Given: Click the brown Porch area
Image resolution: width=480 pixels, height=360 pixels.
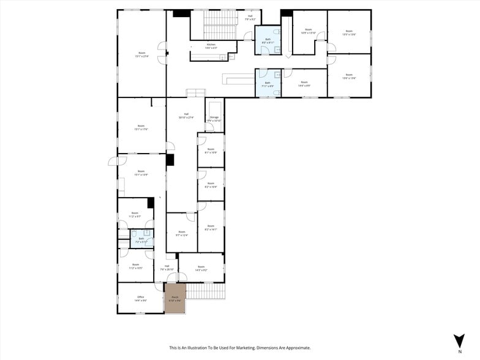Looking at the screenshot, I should coord(174,298).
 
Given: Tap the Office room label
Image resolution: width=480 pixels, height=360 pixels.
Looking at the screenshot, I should coord(140,298).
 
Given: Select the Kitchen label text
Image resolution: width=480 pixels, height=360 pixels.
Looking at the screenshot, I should coord(211,46).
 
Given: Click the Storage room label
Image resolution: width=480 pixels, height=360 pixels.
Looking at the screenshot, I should coord(214,118).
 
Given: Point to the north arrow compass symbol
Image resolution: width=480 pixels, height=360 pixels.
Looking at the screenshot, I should coord(459,341).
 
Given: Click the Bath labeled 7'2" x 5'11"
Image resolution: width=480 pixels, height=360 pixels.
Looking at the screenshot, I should coord(141,239).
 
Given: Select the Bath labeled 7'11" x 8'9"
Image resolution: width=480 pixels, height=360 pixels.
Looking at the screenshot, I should coord(267,84).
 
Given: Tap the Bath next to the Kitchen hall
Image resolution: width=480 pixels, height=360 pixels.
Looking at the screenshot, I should coord(268,40).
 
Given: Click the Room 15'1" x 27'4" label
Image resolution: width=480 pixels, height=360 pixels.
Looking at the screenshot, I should coord(141,54).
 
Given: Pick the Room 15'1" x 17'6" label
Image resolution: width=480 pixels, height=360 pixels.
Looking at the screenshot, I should coord(141,128).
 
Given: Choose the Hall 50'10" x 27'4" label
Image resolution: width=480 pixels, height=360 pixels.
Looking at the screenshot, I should coord(186,116).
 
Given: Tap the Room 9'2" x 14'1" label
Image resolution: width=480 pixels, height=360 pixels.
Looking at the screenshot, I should coord(211,228).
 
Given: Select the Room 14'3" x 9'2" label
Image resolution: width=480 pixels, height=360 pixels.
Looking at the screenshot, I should coord(201,268).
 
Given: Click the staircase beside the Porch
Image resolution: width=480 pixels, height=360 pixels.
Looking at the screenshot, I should coord(205,291).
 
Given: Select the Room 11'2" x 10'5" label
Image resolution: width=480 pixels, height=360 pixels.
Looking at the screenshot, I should coord(135,266).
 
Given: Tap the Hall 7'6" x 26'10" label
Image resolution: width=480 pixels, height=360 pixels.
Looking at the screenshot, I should coord(167,268).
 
